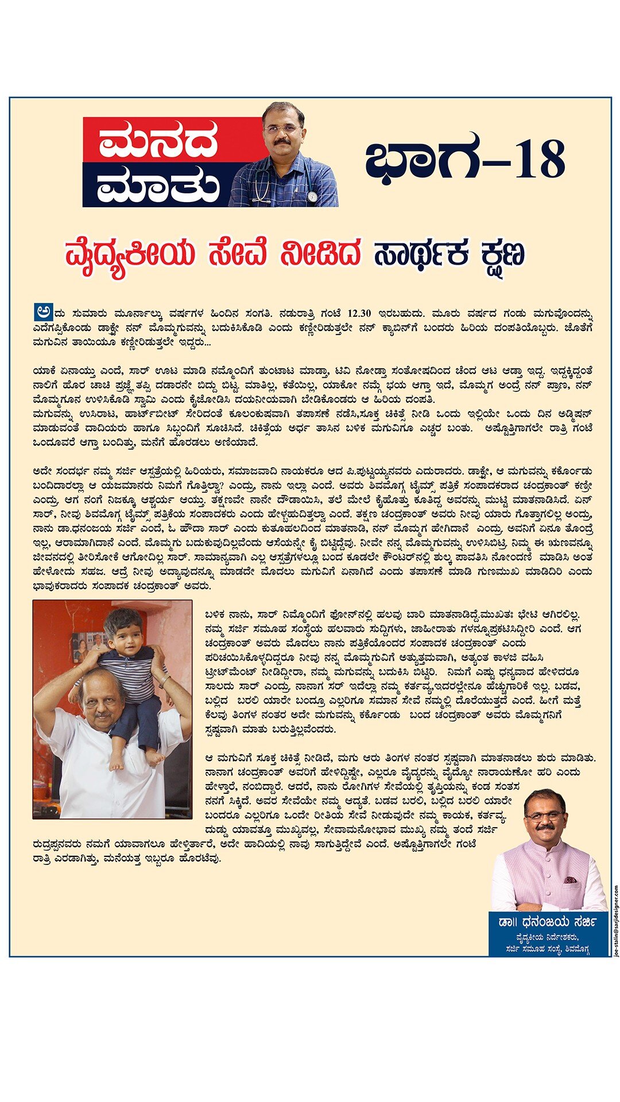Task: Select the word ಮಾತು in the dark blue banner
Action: (x=157, y=186)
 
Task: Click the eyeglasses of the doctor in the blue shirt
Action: (x=283, y=129)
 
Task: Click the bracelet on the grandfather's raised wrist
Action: (x=165, y=681)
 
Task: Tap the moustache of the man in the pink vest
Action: (x=545, y=828)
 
